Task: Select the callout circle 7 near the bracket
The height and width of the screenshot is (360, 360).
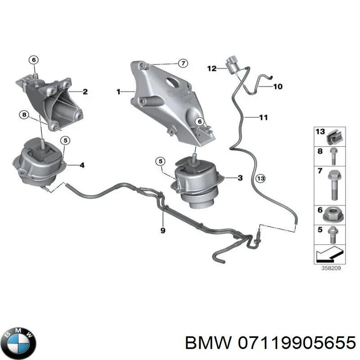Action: coord(182,63)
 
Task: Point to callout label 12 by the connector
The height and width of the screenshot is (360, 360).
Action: coord(212,69)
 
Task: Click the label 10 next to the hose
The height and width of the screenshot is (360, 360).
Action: coord(278,86)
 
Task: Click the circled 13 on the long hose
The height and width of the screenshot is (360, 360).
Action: coord(261,179)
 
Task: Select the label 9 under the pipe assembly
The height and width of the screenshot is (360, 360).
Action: coord(163,230)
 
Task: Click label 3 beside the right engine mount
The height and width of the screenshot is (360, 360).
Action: coord(240,178)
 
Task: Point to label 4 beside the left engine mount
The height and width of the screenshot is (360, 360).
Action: coord(81,165)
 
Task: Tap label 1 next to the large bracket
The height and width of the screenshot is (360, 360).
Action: coord(118,92)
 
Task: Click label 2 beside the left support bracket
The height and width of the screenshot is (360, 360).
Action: coord(85,92)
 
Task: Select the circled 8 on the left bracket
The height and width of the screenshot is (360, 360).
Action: coord(23,115)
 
